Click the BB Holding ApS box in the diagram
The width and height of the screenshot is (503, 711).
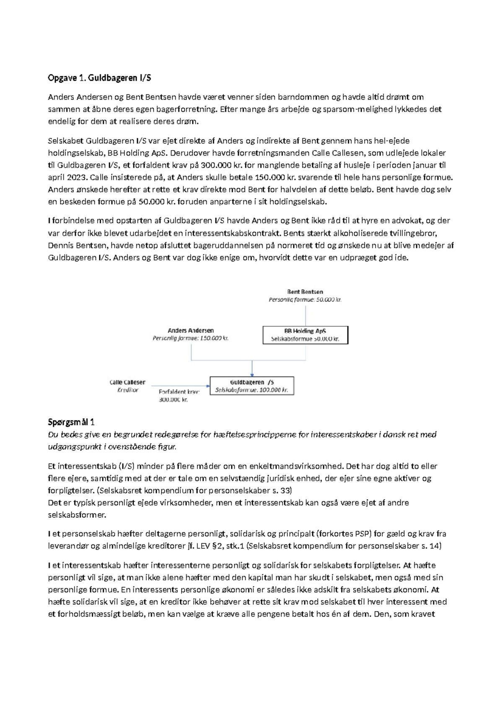305,335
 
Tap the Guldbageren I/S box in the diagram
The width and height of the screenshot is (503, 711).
251,386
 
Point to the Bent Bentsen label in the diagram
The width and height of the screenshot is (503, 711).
305,291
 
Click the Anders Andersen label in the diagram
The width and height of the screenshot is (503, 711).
191,330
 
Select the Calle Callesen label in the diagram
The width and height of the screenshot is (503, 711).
127,382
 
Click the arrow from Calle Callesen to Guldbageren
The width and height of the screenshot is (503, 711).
180,386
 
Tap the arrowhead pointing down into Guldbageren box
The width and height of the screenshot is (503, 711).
252,374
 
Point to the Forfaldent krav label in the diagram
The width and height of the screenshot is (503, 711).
179,392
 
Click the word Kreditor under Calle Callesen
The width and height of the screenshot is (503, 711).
127,390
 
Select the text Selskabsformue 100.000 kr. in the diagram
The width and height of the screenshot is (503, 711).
251,390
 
